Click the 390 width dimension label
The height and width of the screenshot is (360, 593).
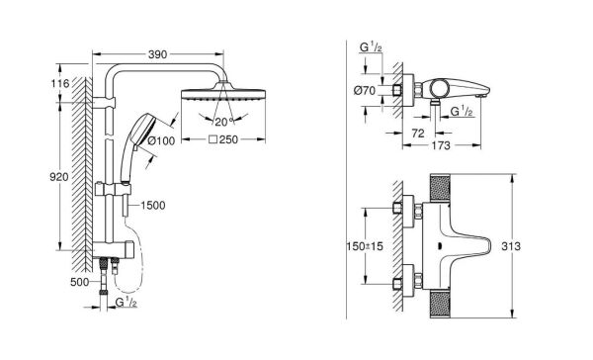pos(157,54)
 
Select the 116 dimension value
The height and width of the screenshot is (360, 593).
pos(60,83)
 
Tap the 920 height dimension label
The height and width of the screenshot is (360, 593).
pos(59,177)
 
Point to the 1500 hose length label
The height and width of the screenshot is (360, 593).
pos(153,206)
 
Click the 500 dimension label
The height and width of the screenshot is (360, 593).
pos(80,282)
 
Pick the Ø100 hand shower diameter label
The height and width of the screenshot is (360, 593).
pos(161,140)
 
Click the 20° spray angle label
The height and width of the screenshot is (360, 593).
pos(224,122)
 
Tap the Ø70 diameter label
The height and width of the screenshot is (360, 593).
pos(364,91)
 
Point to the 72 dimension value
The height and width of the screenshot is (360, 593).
pos(417,134)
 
